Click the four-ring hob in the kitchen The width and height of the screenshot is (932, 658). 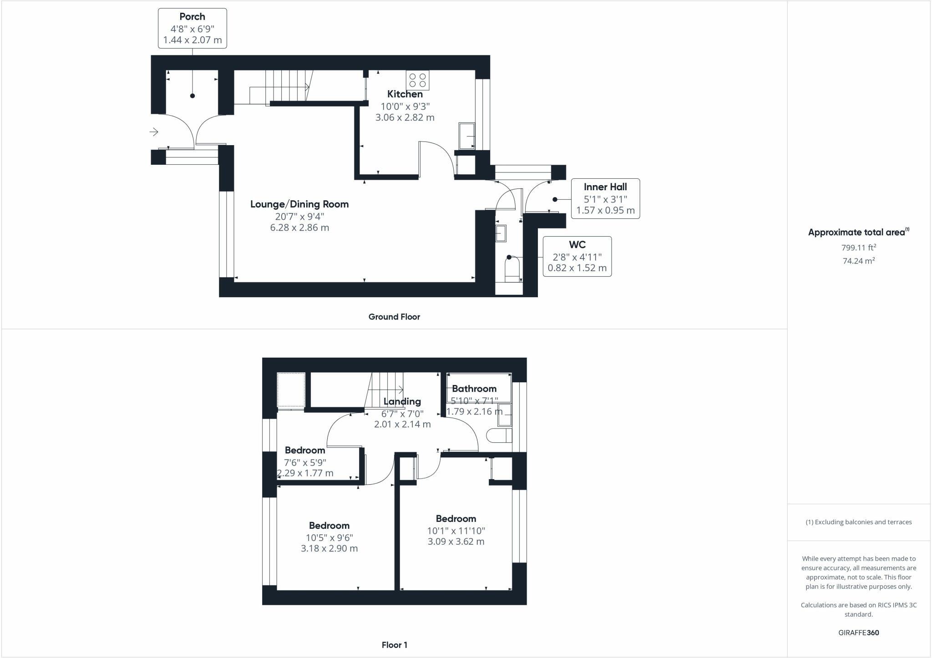[417, 81]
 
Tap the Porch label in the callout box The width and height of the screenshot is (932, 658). [192, 17]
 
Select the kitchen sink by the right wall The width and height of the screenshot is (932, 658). [466, 136]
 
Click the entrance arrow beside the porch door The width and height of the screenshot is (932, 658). [154, 132]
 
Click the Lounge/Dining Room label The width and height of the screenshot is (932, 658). [299, 204]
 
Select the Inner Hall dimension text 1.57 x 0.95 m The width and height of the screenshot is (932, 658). [605, 210]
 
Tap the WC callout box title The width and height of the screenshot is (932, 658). [577, 245]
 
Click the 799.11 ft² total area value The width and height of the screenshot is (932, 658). [858, 248]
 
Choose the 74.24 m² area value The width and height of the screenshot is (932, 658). [858, 261]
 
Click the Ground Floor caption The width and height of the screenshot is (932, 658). [394, 317]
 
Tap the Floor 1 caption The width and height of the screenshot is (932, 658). [394, 645]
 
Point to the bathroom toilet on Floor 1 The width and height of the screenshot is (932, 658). [499, 435]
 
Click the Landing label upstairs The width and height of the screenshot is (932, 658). [402, 401]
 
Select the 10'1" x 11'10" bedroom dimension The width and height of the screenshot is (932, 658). [456, 531]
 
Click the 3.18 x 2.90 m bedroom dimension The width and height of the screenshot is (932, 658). [329, 548]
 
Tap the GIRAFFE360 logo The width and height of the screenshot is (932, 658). [858, 633]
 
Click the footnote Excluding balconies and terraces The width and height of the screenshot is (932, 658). [858, 522]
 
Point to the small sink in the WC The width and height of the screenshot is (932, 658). [501, 233]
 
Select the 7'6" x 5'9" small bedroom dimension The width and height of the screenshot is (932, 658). [305, 462]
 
